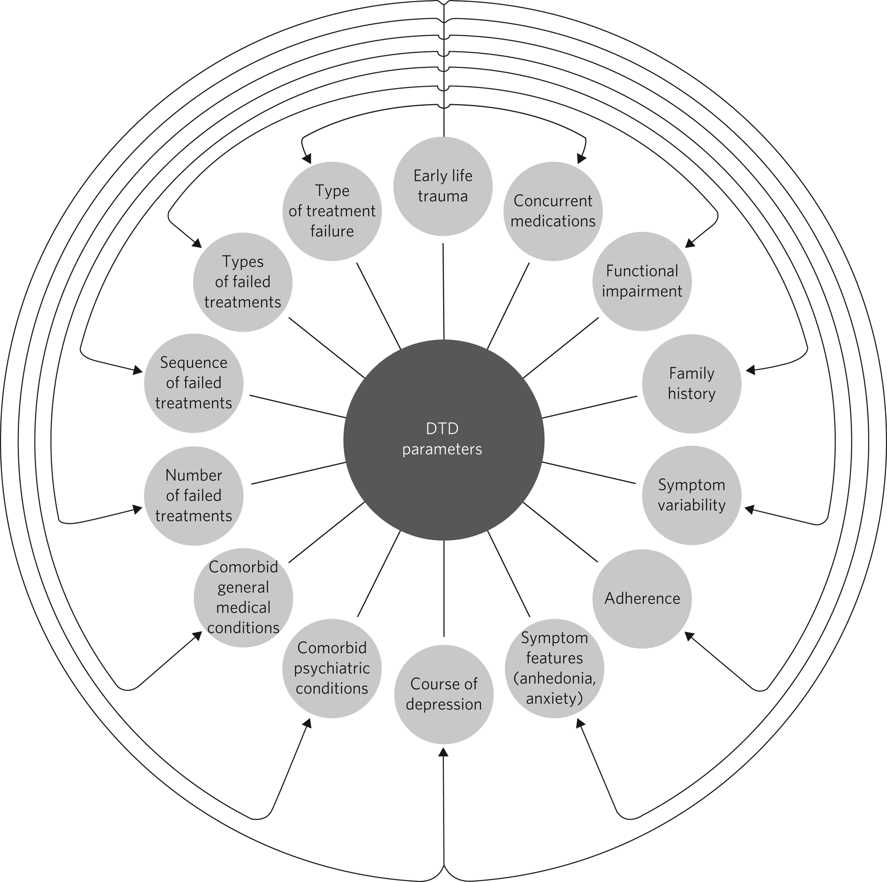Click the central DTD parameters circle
click(443, 439)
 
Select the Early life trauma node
click(443, 186)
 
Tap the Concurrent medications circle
click(553, 211)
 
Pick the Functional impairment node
click(642, 281)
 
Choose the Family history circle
click(692, 384)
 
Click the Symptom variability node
click(692, 495)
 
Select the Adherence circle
click(642, 599)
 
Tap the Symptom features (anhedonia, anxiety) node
click(554, 668)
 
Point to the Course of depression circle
click(443, 694)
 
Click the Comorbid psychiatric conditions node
click(332, 668)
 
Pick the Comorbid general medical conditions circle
click(243, 598)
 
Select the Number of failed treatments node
click(194, 495)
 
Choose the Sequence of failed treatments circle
click(194, 383)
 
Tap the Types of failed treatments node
click(243, 282)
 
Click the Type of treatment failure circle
click(332, 211)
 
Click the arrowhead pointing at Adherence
click(690, 636)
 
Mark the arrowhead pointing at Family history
click(751, 370)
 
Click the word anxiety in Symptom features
click(554, 699)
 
